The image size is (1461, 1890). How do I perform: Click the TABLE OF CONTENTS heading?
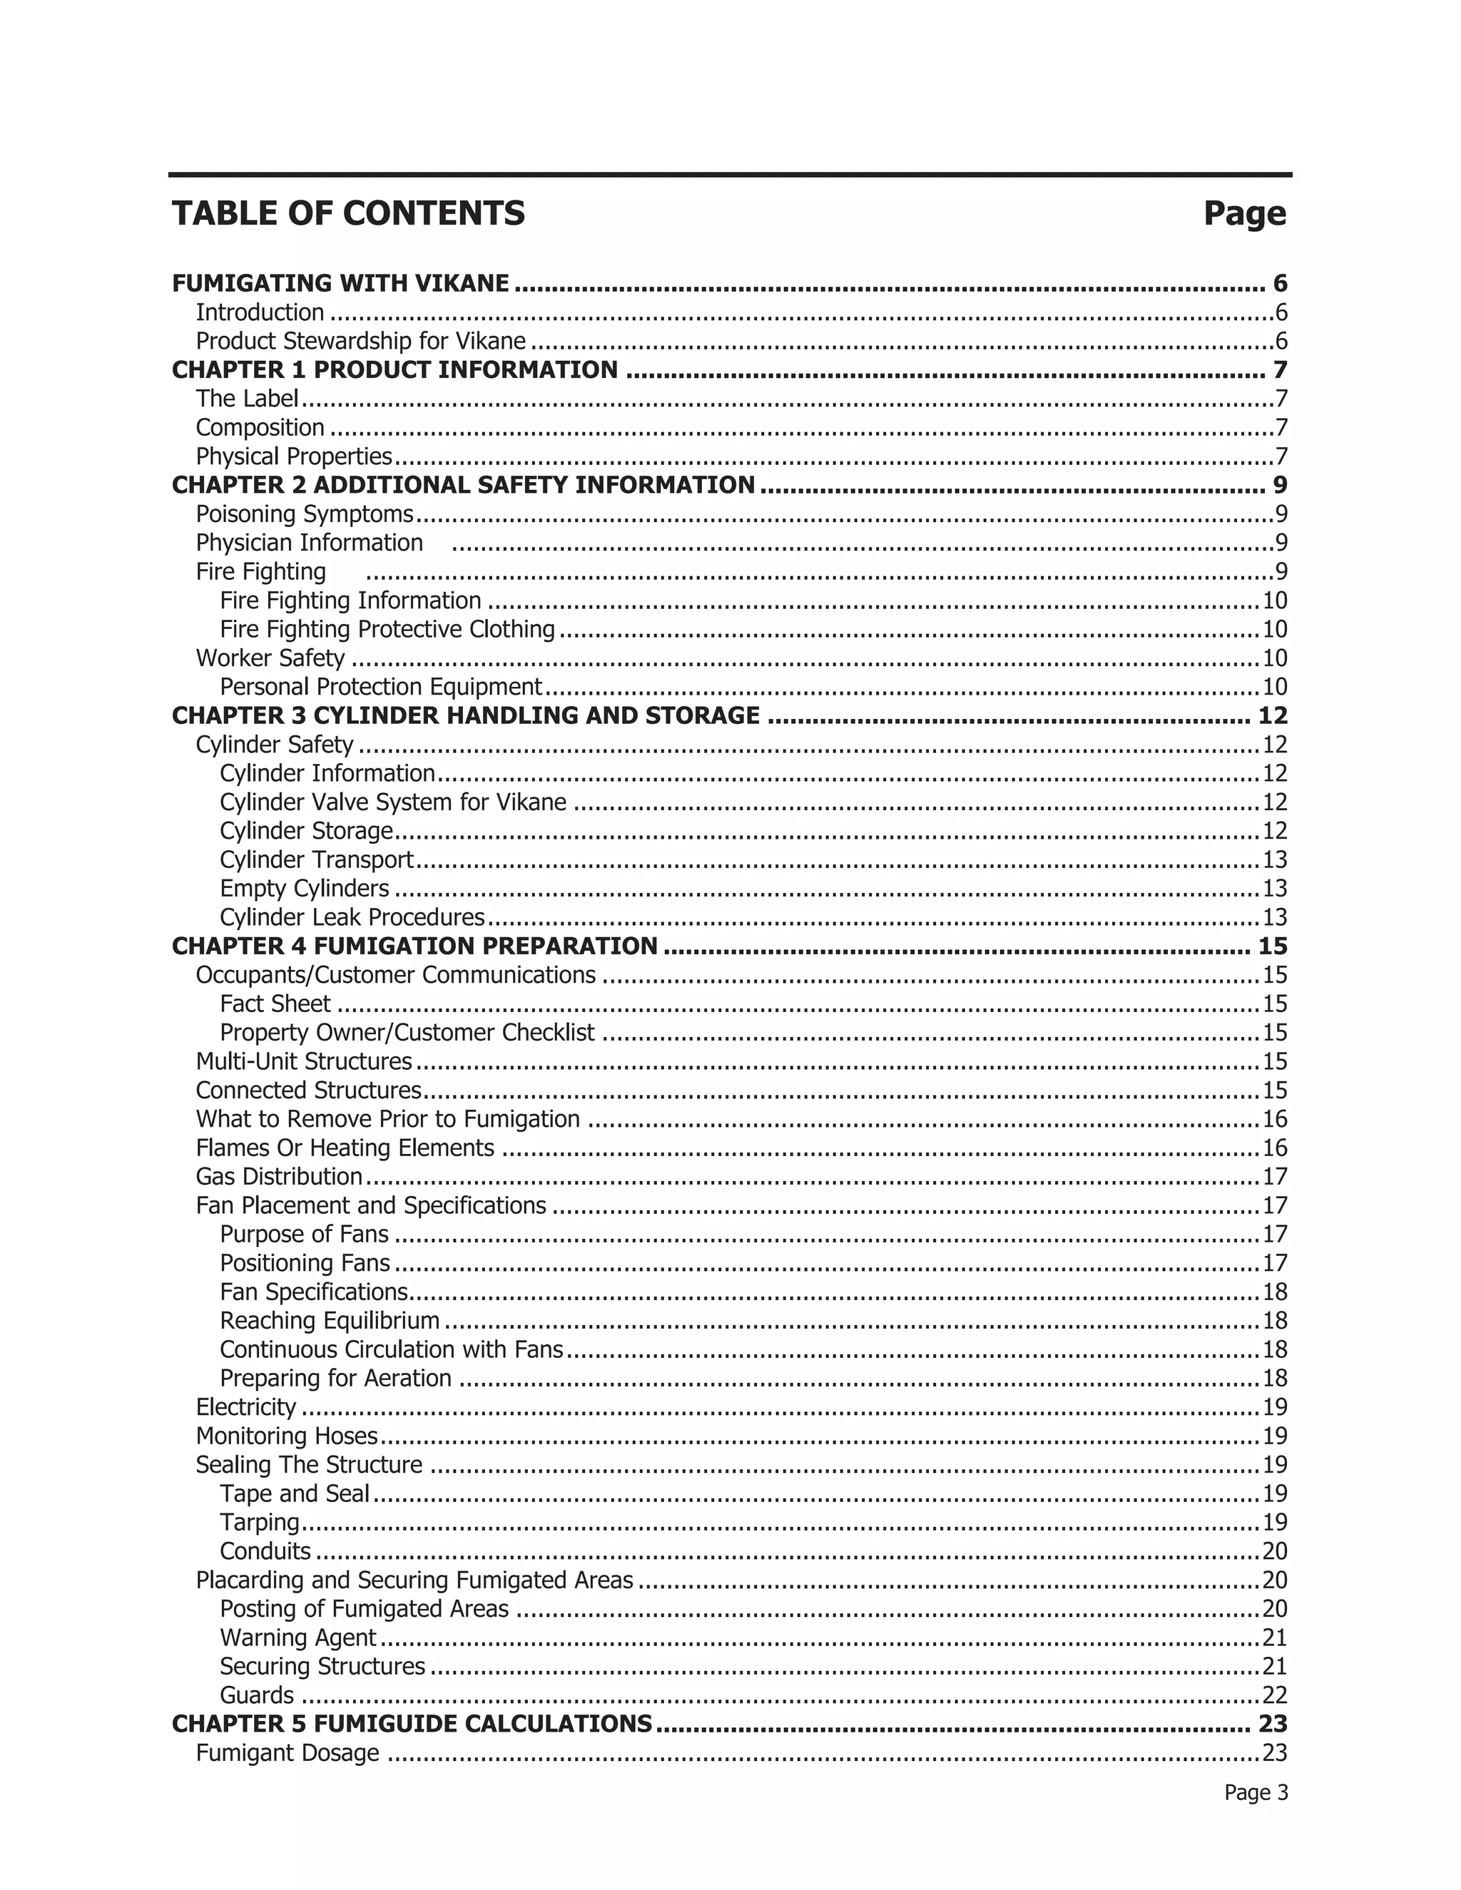pyautogui.click(x=348, y=213)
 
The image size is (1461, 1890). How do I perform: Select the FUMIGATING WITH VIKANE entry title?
pyautogui.click(x=340, y=283)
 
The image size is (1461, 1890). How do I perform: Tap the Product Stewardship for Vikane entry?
pyautogui.click(x=360, y=341)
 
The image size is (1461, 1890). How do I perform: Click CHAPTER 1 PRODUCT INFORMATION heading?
pyautogui.click(x=394, y=369)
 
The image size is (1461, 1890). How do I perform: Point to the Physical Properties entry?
pyautogui.click(x=293, y=456)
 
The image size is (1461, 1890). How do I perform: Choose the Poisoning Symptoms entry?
pyautogui.click(x=304, y=514)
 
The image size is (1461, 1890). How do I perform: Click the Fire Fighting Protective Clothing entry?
pyautogui.click(x=387, y=629)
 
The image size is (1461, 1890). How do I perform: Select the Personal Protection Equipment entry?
pyautogui.click(x=380, y=687)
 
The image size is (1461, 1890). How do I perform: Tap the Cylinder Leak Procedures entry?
pyautogui.click(x=352, y=917)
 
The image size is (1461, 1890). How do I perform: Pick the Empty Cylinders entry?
pyautogui.click(x=304, y=889)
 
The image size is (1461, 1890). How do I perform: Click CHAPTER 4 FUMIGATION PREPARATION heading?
pyautogui.click(x=414, y=946)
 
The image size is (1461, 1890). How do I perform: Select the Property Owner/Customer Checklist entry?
pyautogui.click(x=407, y=1033)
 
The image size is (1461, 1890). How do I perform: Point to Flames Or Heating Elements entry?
pyautogui.click(x=345, y=1148)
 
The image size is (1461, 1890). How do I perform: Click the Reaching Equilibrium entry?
pyautogui.click(x=329, y=1321)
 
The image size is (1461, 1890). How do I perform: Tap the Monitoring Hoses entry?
pyautogui.click(x=287, y=1436)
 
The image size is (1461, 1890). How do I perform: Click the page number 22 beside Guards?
pyautogui.click(x=1275, y=1695)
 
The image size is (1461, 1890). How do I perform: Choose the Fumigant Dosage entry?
pyautogui.click(x=287, y=1753)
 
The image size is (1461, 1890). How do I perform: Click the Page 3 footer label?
pyautogui.click(x=1255, y=1793)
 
